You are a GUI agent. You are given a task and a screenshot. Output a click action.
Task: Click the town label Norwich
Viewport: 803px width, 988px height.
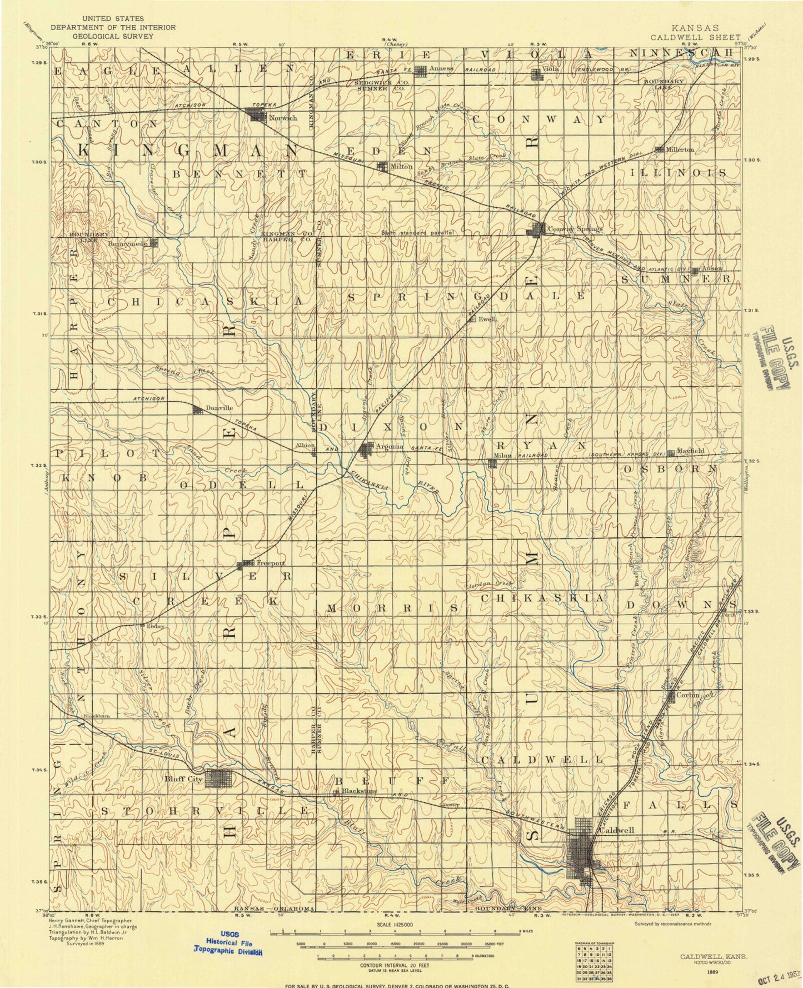coord(283,118)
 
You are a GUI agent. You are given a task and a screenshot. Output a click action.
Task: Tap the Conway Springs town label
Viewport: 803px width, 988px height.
coord(574,229)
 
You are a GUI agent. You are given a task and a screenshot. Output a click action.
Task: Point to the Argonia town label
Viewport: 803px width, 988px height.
coord(389,446)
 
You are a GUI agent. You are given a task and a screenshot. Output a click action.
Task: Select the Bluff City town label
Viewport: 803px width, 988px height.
coord(183,779)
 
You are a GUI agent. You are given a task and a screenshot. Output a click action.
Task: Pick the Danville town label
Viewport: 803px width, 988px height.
coord(219,408)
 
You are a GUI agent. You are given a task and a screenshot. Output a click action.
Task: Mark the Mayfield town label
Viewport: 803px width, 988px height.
coord(691,451)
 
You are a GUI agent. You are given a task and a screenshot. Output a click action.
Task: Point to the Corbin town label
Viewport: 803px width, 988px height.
coord(688,695)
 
